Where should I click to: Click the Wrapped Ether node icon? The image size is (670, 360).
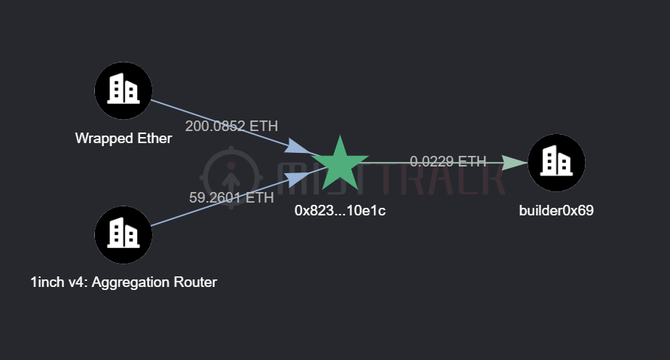123,90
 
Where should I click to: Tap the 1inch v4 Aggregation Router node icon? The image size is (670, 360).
123,234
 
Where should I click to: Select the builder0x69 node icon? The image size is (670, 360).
556,163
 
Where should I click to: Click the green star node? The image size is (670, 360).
340,163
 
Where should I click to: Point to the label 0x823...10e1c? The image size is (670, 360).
340,212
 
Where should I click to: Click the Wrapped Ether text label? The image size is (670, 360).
123,139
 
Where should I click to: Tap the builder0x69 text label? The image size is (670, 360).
556,211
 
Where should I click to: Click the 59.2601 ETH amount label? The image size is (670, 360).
231,198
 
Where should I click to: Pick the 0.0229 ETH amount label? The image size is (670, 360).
448,161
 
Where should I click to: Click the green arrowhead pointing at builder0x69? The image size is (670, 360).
515,163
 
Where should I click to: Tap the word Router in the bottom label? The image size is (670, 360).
195,282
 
